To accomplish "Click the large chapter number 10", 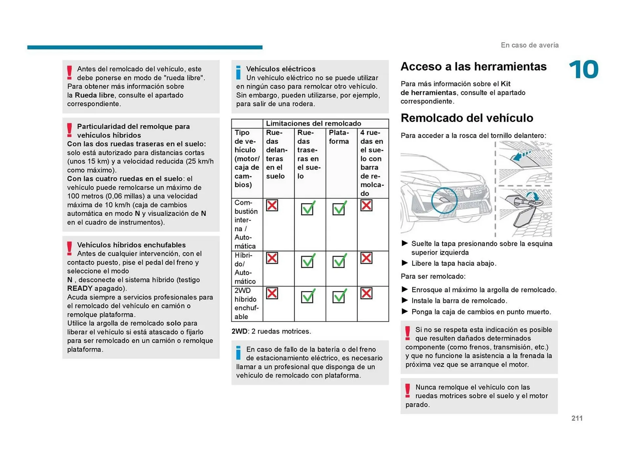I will point(583,70).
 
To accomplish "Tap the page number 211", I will point(577,418).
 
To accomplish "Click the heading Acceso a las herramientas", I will point(473,67).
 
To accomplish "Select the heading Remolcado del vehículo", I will point(467,118).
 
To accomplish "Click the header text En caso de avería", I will point(529,45).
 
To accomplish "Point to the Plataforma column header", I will point(339,137).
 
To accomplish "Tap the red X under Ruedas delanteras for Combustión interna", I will point(272,205).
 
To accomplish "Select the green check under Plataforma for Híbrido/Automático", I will point(339,261).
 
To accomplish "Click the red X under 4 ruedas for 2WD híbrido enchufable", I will point(366,293).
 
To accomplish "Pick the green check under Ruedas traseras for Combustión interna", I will point(308,208).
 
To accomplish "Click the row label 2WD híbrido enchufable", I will point(246,303).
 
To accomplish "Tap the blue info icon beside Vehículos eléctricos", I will point(239,73).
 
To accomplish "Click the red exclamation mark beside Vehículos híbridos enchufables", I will point(70,248).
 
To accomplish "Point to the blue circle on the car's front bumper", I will point(444,200).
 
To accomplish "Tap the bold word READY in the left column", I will point(80,288).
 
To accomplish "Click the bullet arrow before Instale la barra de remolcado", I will point(405,300).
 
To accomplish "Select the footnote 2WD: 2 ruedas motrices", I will point(271,331).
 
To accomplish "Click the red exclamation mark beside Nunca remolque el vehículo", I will point(408,391).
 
